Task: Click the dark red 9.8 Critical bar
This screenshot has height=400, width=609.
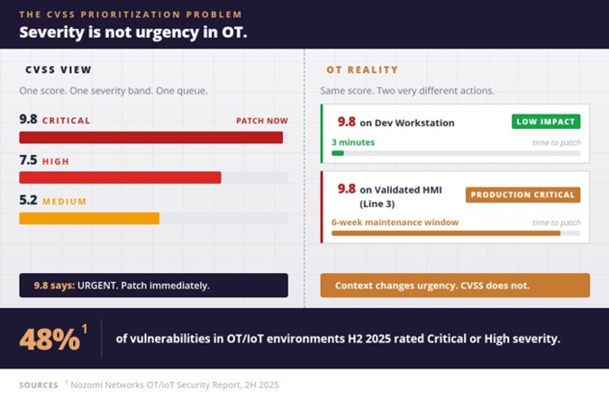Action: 151,138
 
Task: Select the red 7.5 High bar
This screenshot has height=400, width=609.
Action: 120,177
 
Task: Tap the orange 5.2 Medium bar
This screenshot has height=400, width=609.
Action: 89,218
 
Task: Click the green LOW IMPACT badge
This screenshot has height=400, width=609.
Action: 546,121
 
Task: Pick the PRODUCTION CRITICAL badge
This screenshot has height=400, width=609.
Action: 523,195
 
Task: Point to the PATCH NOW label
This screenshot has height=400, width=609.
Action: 262,121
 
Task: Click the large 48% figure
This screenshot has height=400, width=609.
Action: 50,339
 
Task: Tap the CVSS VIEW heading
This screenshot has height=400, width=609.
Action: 58,70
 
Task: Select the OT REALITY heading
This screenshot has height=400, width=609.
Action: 362,70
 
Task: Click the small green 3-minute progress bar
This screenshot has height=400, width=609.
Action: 337,153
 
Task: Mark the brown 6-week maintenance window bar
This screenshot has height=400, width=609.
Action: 446,233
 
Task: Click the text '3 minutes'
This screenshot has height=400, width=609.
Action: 353,142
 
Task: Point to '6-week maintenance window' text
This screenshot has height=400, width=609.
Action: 395,222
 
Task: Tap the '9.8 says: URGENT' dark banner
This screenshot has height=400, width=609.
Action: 154,285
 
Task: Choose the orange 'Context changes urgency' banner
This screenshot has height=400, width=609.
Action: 455,285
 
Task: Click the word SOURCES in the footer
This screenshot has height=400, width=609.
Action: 39,385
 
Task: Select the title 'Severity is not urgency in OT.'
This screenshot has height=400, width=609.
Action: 133,32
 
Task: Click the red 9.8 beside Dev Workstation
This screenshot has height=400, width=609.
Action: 347,122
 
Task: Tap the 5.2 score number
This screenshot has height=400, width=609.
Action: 28,200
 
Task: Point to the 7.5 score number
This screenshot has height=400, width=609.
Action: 28,160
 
